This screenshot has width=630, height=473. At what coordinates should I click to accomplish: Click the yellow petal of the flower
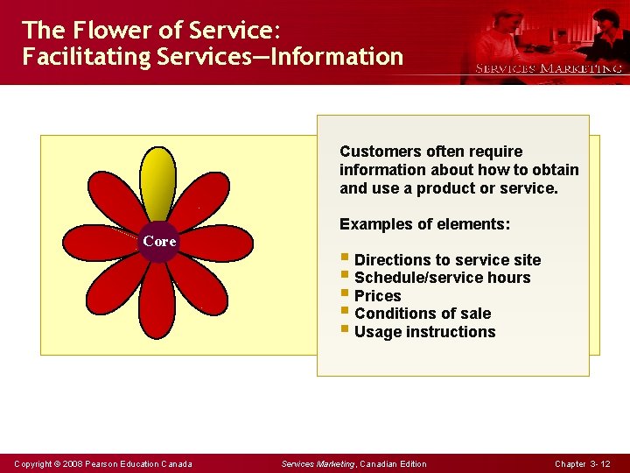coord(158,182)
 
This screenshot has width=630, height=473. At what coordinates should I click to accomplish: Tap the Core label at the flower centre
coord(159,241)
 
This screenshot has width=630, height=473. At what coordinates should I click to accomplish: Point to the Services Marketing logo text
coord(549,68)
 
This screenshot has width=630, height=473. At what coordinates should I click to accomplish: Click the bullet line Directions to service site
coord(447,260)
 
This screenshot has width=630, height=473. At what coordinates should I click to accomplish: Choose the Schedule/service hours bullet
coord(442,278)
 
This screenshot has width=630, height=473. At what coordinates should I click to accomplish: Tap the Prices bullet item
coord(377,296)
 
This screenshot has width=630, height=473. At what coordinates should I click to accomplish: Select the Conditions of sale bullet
coord(422,314)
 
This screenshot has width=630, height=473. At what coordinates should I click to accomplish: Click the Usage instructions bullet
coord(424,332)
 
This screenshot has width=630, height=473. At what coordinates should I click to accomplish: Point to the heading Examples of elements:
coord(424,224)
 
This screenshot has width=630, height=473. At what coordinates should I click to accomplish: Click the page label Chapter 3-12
coord(583,463)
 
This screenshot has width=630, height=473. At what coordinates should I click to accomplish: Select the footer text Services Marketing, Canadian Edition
coord(353,463)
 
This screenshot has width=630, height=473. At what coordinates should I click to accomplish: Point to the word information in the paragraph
coord(381,170)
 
